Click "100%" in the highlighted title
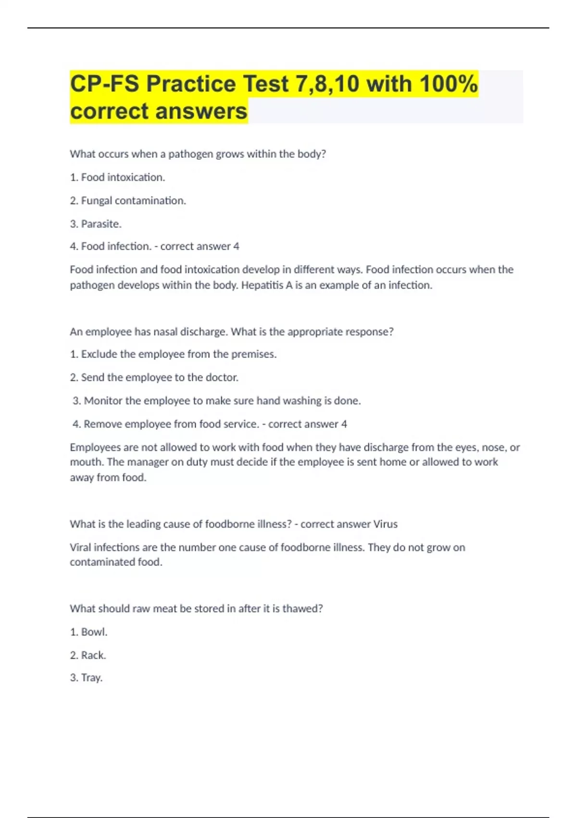click(x=448, y=84)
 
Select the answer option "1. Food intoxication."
click(x=117, y=178)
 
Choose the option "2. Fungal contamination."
click(x=128, y=201)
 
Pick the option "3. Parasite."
click(x=96, y=224)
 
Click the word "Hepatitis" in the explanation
click(x=263, y=285)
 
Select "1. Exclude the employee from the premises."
click(x=173, y=354)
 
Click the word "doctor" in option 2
click(x=221, y=378)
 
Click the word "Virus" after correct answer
click(x=385, y=524)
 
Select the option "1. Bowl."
click(x=88, y=632)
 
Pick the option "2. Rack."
click(x=88, y=655)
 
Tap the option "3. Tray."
click(x=87, y=678)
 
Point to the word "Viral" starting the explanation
click(x=80, y=548)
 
